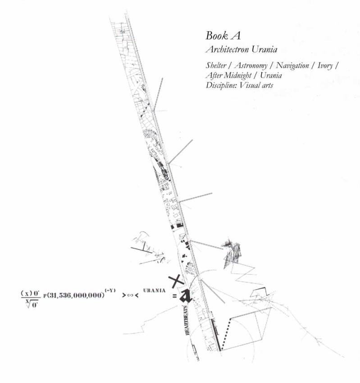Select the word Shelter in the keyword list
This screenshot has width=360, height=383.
tap(216, 66)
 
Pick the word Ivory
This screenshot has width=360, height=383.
tap(324, 66)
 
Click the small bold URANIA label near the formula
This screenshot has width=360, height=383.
tap(155, 290)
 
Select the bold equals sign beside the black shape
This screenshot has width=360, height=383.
tap(174, 296)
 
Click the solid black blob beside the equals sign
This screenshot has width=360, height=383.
tap(185, 296)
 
